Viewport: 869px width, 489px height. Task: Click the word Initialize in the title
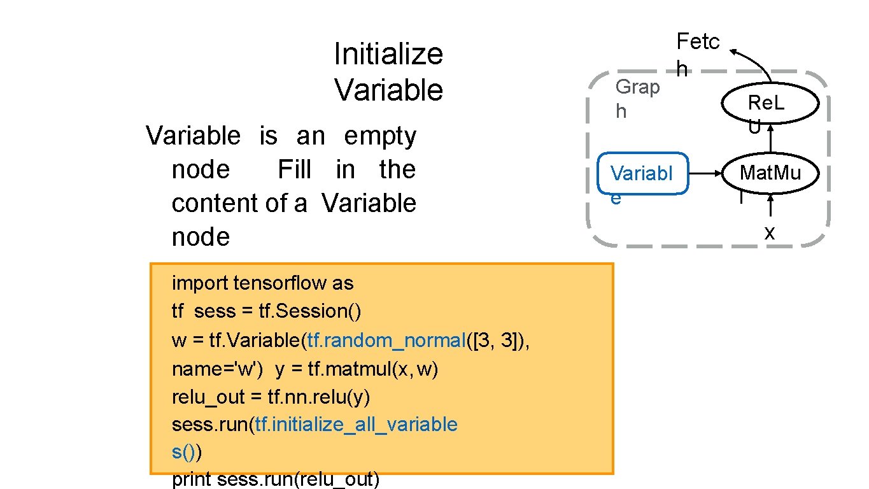point(388,54)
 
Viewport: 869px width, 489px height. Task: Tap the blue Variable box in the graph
point(643,173)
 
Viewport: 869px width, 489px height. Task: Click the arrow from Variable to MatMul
point(705,173)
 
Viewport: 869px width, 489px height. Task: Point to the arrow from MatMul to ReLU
point(770,139)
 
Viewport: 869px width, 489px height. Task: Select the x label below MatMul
point(770,233)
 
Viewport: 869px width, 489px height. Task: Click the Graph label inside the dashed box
point(637,98)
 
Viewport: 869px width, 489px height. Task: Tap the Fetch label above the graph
point(697,53)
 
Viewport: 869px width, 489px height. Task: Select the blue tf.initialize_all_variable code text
point(356,424)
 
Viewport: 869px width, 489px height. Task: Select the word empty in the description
point(380,136)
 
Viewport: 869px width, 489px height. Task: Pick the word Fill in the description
point(295,169)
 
